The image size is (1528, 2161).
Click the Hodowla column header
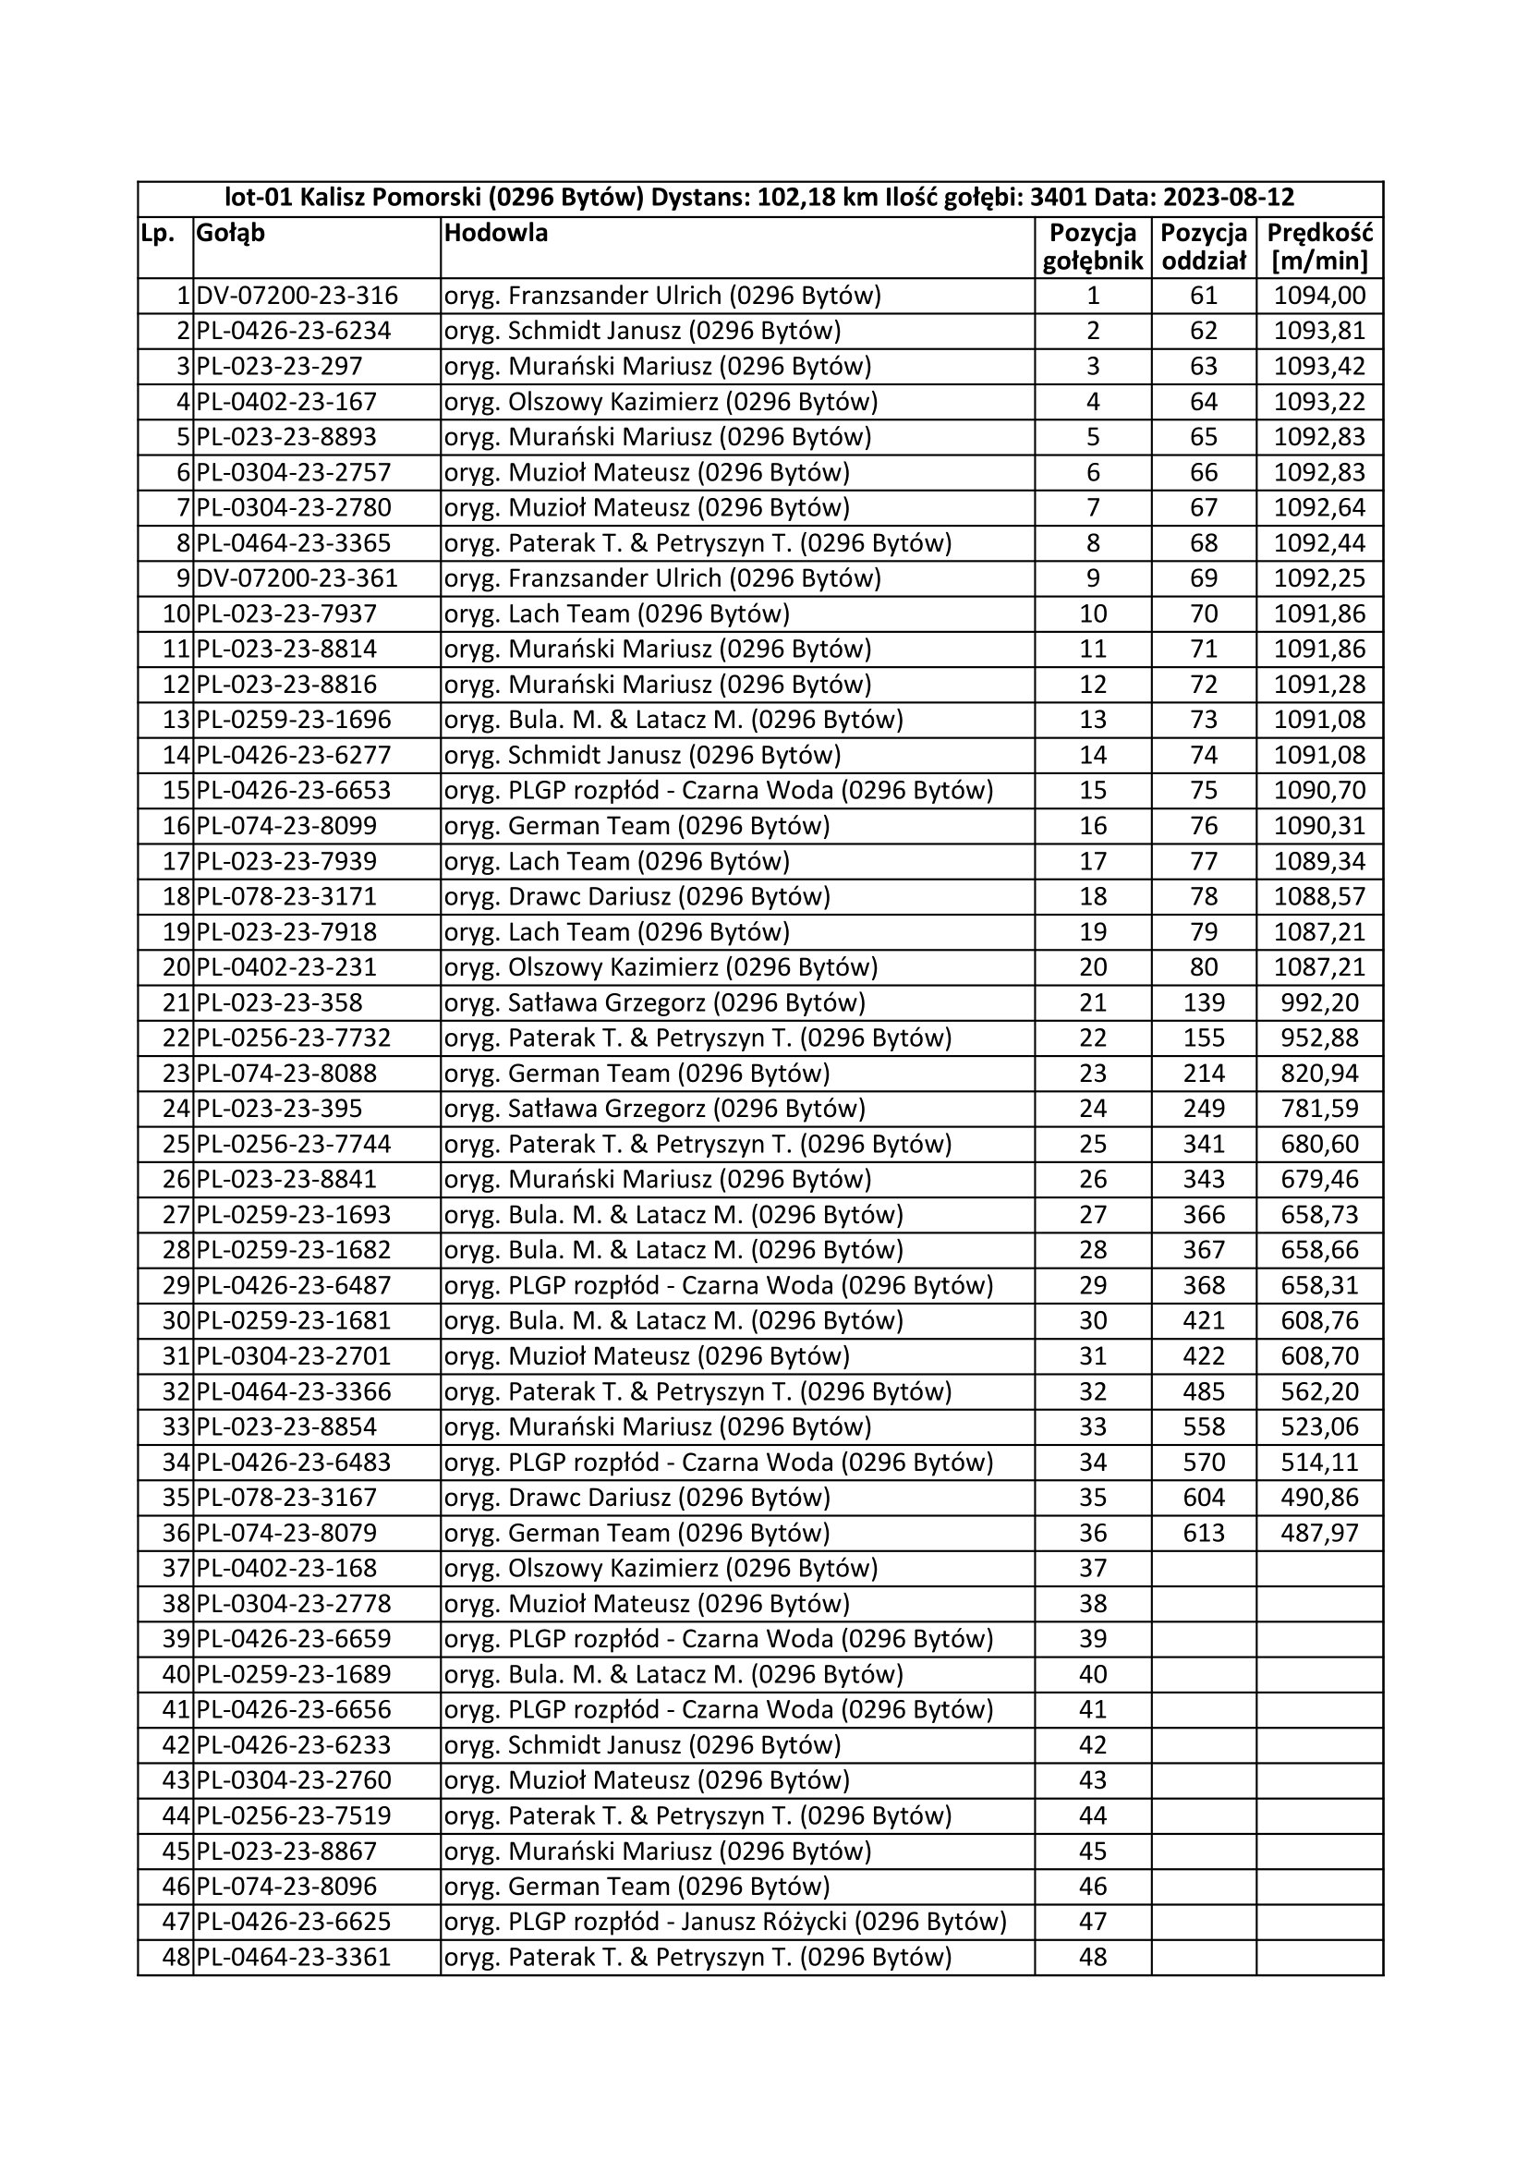pyautogui.click(x=495, y=233)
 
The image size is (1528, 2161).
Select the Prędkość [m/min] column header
pyautogui.click(x=1319, y=247)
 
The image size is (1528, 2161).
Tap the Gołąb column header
pyautogui.click(x=231, y=233)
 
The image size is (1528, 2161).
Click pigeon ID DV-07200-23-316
pyautogui.click(x=297, y=296)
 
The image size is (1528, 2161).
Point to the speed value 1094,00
pyautogui.click(x=1319, y=296)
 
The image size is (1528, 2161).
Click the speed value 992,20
pyautogui.click(x=1319, y=1002)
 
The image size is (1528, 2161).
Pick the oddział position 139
pyautogui.click(x=1204, y=1002)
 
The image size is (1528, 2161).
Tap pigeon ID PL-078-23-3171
pyautogui.click(x=286, y=896)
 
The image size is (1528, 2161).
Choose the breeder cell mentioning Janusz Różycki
pyautogui.click(x=724, y=1921)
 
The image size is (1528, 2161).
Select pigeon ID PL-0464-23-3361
pyautogui.click(x=294, y=1957)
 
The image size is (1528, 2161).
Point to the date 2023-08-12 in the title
pyautogui.click(x=1229, y=198)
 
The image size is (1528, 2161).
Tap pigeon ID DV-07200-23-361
pyautogui.click(x=297, y=577)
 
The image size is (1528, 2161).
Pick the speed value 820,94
pyautogui.click(x=1319, y=1073)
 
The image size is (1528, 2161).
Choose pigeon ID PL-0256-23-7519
pyautogui.click(x=294, y=1815)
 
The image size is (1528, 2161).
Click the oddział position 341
pyautogui.click(x=1204, y=1144)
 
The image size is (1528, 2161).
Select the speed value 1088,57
pyautogui.click(x=1319, y=896)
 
